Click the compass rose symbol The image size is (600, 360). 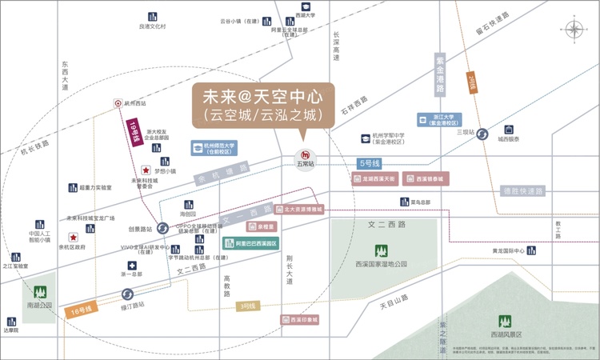click(x=575, y=30)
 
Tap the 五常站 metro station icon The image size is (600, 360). click(x=305, y=155)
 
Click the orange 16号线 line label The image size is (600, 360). click(x=79, y=310)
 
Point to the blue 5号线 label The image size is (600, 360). click(x=369, y=163)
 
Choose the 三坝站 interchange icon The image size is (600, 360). click(x=482, y=134)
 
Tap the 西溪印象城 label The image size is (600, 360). click(x=300, y=320)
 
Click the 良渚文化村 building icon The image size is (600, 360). click(x=151, y=16)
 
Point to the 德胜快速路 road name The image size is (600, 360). click(x=522, y=191)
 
